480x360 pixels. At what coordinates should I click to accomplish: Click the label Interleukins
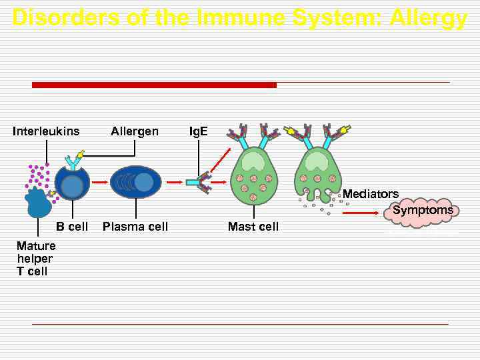click(46, 131)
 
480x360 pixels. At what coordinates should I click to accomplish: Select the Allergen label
click(135, 131)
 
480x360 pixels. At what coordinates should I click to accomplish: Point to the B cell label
click(72, 227)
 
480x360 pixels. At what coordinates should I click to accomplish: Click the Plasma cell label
click(135, 227)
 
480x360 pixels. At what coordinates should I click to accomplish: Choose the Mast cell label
click(253, 227)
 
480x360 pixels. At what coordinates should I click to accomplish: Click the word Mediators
click(371, 194)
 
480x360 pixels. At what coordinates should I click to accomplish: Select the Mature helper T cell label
click(36, 259)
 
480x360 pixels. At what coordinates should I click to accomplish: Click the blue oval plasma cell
click(135, 182)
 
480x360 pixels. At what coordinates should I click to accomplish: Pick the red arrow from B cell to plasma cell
click(99, 181)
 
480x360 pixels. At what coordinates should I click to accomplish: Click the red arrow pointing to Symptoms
click(363, 213)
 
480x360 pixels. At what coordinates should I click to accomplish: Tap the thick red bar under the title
click(154, 85)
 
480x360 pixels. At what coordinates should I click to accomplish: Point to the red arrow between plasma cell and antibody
click(174, 181)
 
